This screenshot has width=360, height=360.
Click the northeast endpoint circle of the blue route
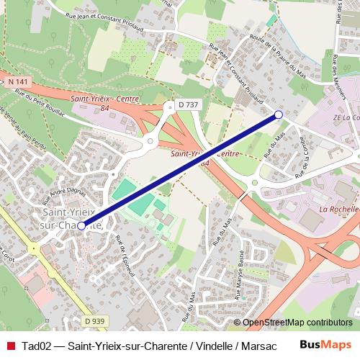pyautogui.click(x=279, y=114)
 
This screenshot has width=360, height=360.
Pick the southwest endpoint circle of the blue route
pyautogui.click(x=81, y=225)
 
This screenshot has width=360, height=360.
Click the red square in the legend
pyautogui.click(x=10, y=345)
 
